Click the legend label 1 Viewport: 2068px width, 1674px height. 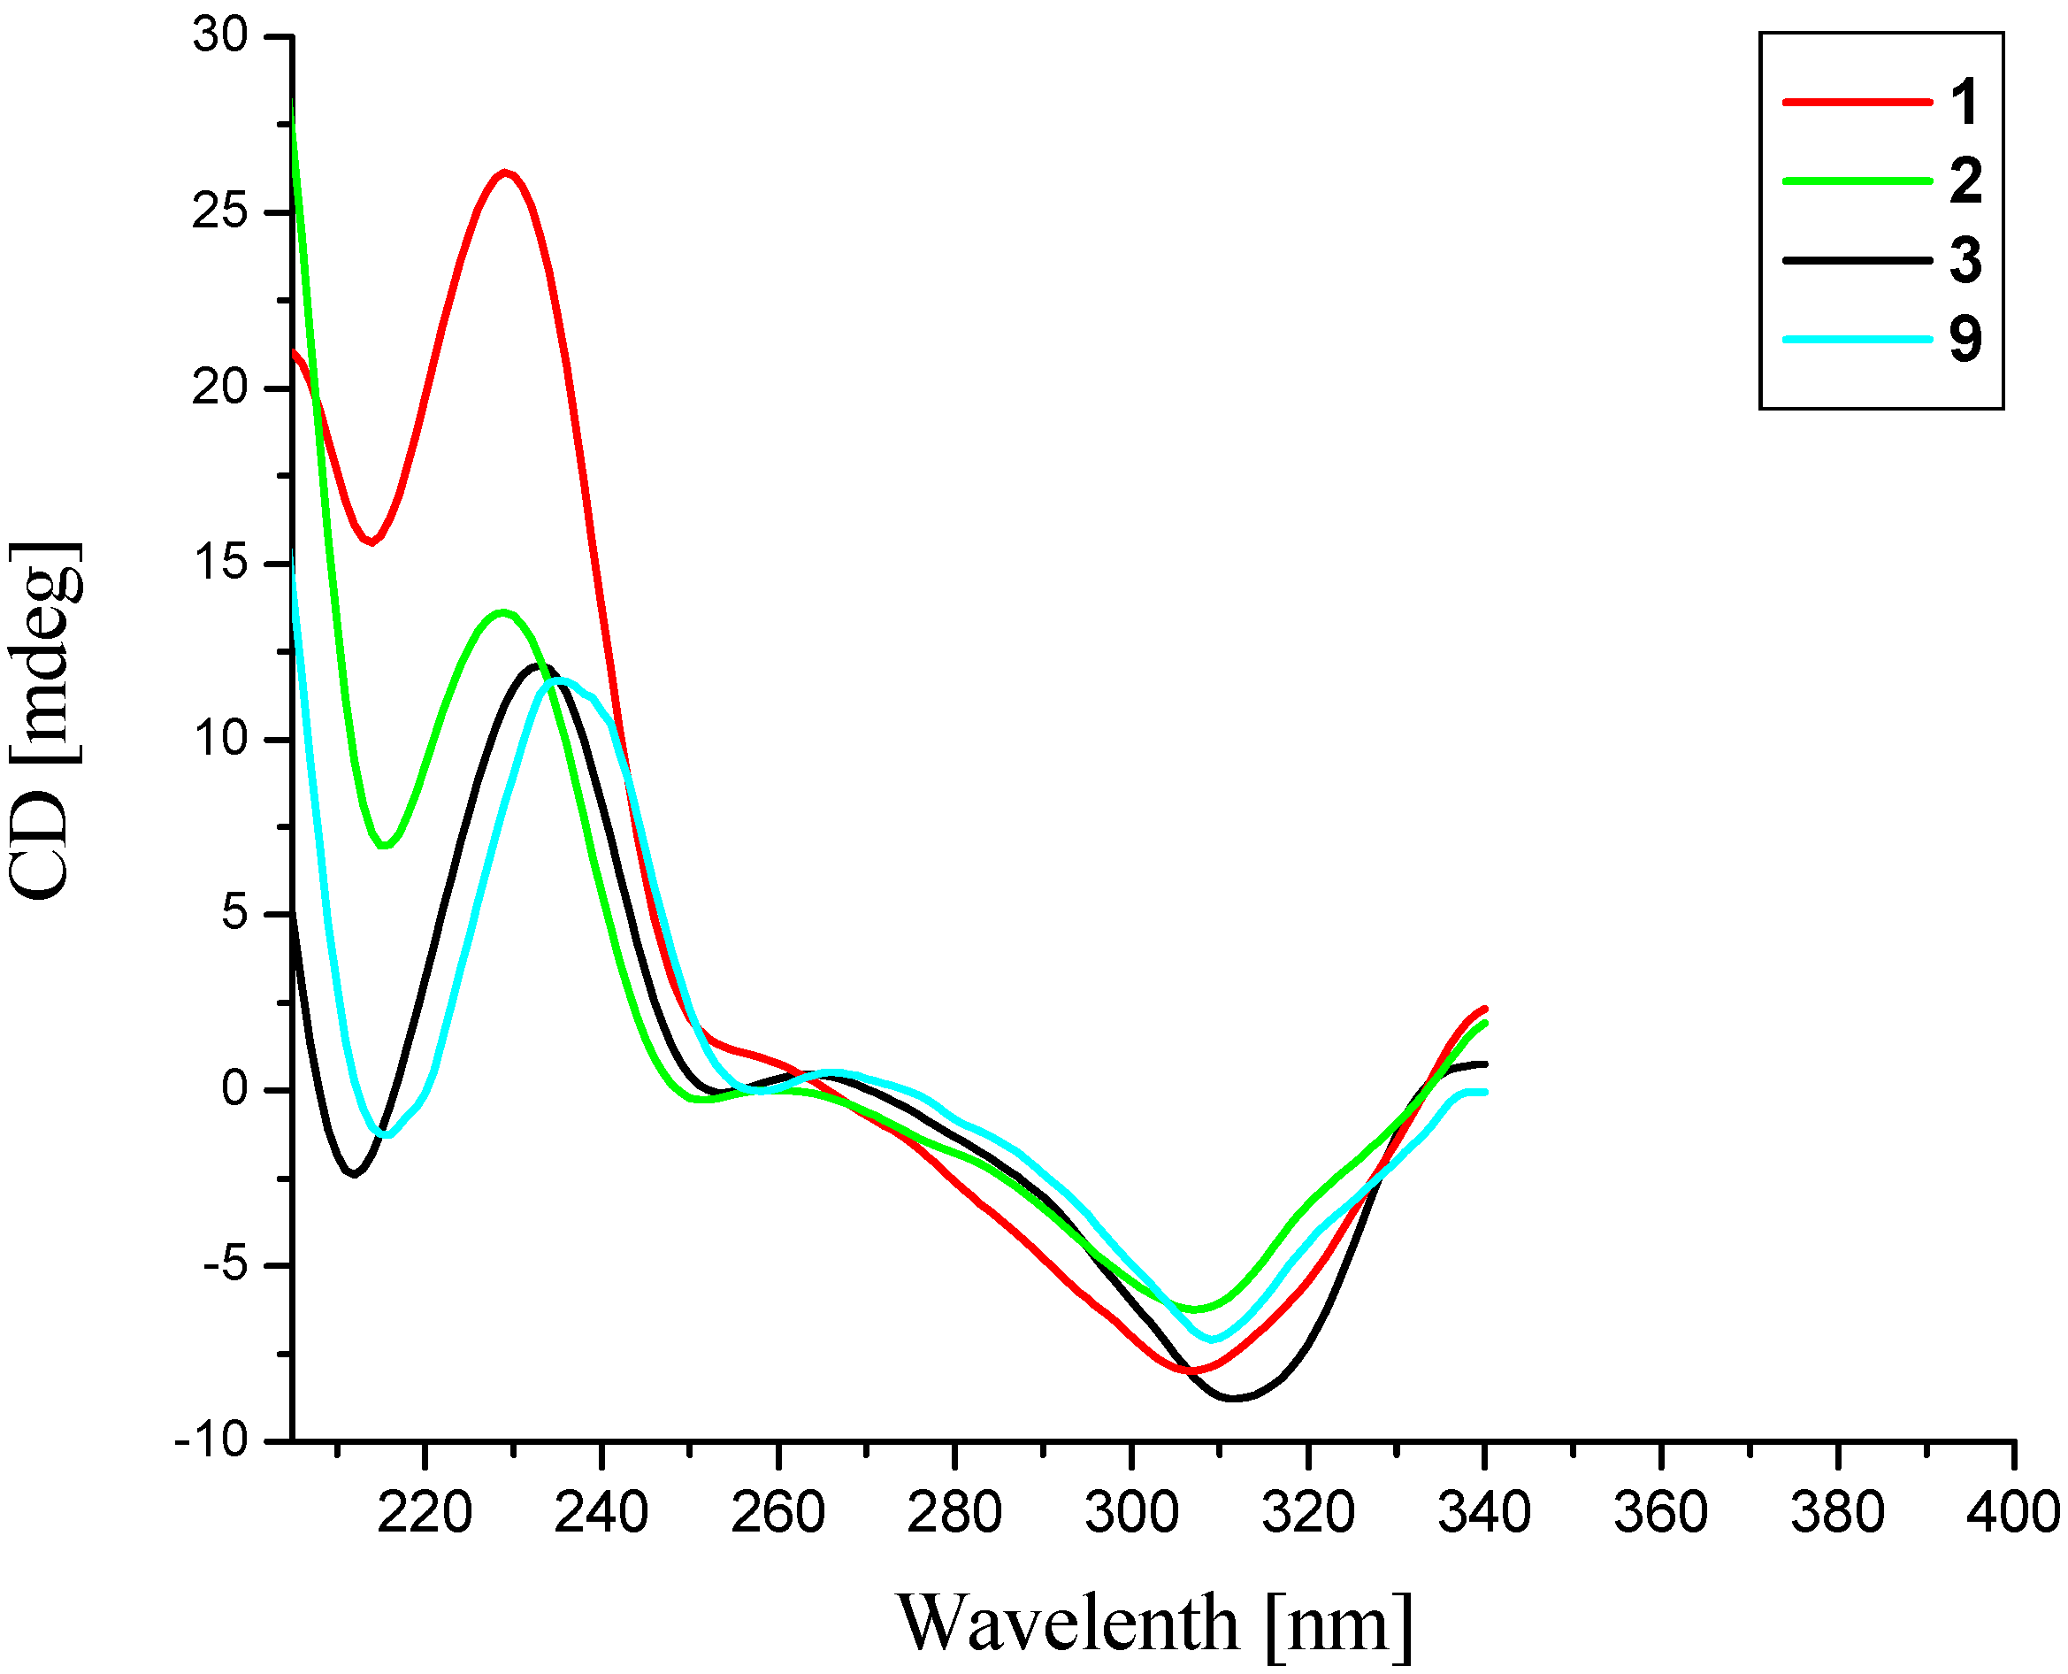1964,103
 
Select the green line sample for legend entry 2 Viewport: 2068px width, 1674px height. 1856,181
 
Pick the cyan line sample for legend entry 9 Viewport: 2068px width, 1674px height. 1856,340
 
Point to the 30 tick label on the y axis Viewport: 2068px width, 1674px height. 221,35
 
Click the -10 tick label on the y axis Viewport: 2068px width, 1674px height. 211,1441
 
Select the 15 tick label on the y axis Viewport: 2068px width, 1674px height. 221,563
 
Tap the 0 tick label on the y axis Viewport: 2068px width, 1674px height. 234,1090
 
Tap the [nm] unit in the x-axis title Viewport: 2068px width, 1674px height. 1340,1624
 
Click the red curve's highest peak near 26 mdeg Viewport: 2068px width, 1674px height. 504,173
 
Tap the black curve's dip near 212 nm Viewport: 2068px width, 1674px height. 354,1173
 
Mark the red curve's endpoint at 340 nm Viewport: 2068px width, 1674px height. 1482,1009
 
